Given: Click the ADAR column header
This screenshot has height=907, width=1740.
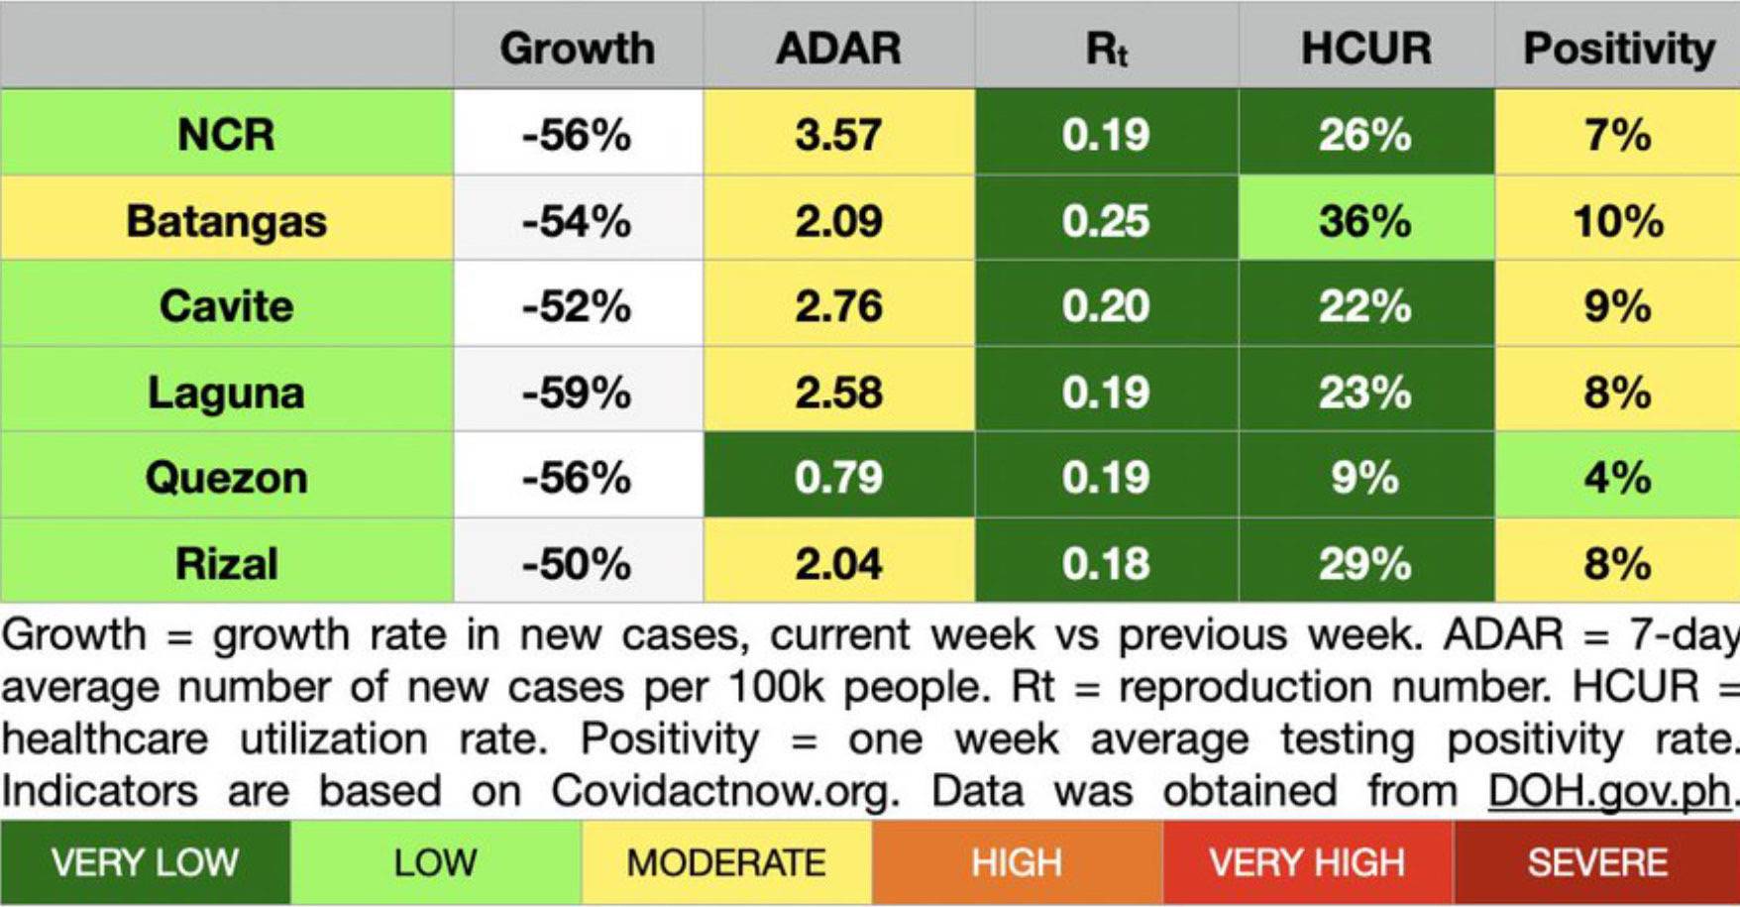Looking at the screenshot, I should pos(838,48).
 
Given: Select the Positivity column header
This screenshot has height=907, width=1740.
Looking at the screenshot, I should pos(1618,48).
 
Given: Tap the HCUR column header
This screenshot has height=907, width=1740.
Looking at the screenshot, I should pos(1365,48).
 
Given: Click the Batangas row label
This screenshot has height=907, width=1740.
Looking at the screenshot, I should pos(226,220).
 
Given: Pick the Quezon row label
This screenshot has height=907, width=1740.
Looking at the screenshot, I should pos(226,478).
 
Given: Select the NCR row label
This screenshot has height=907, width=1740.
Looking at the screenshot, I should pos(226,134).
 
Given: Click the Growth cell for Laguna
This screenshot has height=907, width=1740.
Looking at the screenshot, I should pos(577,392).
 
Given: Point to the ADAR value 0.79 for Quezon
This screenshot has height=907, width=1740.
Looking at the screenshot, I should pos(838,478).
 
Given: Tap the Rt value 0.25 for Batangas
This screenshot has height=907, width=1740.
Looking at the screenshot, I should pos(1106,220).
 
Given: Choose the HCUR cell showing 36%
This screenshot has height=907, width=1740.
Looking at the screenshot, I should pos(1365,220).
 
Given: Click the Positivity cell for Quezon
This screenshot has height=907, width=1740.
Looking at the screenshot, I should pos(1617,478).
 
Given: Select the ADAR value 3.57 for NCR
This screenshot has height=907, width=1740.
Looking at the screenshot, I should pos(838,134).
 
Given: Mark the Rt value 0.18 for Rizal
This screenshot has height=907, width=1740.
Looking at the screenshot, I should pos(1106,563).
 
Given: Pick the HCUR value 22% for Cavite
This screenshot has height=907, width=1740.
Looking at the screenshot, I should pos(1365,305).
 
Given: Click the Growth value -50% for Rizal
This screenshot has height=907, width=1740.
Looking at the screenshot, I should pos(577,563).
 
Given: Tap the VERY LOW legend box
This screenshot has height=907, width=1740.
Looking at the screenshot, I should pos(145,862).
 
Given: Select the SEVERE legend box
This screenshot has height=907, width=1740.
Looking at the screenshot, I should pos(1597,862).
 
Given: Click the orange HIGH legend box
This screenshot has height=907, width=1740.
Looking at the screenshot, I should pos(1017,862).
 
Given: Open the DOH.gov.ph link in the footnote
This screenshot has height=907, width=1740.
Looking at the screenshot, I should pos(1610,791).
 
